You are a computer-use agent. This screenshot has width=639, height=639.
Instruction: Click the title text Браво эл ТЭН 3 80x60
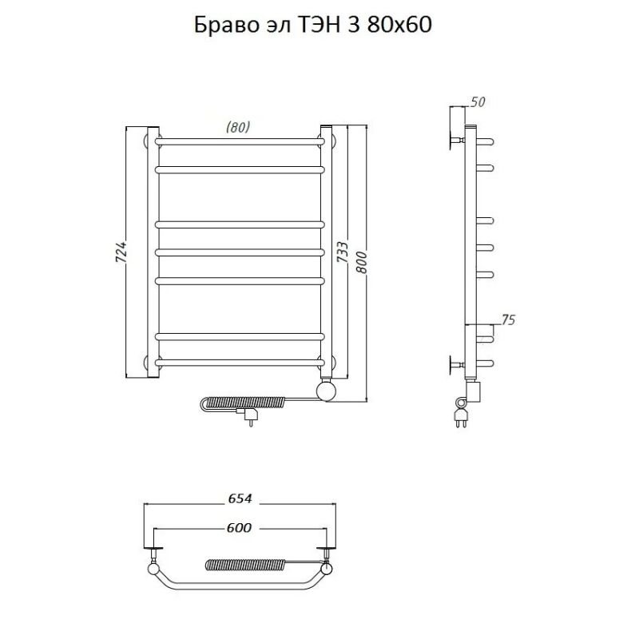pos(313,26)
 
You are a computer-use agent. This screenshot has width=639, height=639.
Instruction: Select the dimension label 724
pos(121,253)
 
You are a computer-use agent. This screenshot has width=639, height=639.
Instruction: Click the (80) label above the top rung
pos(238,127)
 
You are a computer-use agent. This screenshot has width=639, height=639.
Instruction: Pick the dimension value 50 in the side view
pos(478,102)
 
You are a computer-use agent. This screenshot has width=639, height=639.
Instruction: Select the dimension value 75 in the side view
pos(508,320)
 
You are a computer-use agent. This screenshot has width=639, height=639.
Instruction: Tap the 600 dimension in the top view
pos(238,527)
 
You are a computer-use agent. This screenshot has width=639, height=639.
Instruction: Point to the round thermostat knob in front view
pos(327,391)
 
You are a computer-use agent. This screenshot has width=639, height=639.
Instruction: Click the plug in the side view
pos(461,415)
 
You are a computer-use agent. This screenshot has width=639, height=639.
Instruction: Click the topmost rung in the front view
pos(240,141)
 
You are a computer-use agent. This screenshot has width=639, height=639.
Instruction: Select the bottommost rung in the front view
pos(240,363)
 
